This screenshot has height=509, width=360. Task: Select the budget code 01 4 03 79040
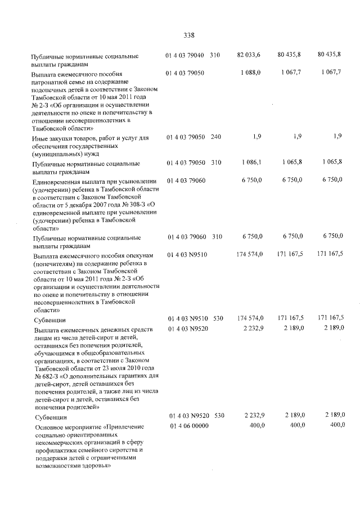pyautogui.click(x=188, y=55)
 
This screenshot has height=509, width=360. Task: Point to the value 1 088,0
pyautogui.click(x=250, y=73)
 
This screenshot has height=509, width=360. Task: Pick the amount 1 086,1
pyautogui.click(x=250, y=163)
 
